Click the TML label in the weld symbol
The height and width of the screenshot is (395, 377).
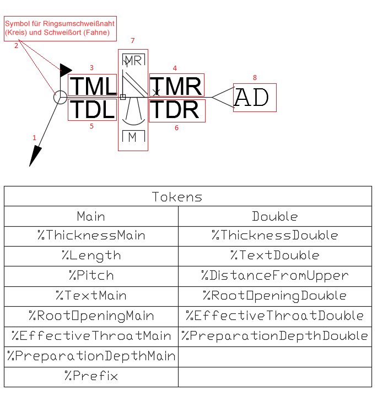coord(93,87)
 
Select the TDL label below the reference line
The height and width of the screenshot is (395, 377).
coord(92,110)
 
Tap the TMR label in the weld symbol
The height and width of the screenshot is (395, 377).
coord(176,87)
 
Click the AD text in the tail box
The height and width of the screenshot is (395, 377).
coord(251,98)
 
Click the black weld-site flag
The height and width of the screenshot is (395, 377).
coord(66,70)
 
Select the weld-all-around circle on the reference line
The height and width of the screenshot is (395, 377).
coord(60,98)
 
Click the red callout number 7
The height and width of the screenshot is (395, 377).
coord(132,41)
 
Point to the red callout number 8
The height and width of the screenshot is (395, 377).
coord(254,78)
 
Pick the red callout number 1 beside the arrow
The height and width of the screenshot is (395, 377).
coord(35,137)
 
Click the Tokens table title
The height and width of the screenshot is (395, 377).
coord(177,197)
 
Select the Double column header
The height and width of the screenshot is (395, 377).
coord(274,216)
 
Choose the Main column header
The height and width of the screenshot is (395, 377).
coord(91,216)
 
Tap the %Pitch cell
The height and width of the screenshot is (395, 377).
coord(91,275)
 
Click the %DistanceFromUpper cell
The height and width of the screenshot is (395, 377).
coord(274,275)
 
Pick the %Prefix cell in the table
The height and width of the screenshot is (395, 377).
coord(91,376)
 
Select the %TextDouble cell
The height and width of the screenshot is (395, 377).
coord(274,255)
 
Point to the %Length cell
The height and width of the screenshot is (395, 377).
coord(91,255)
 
